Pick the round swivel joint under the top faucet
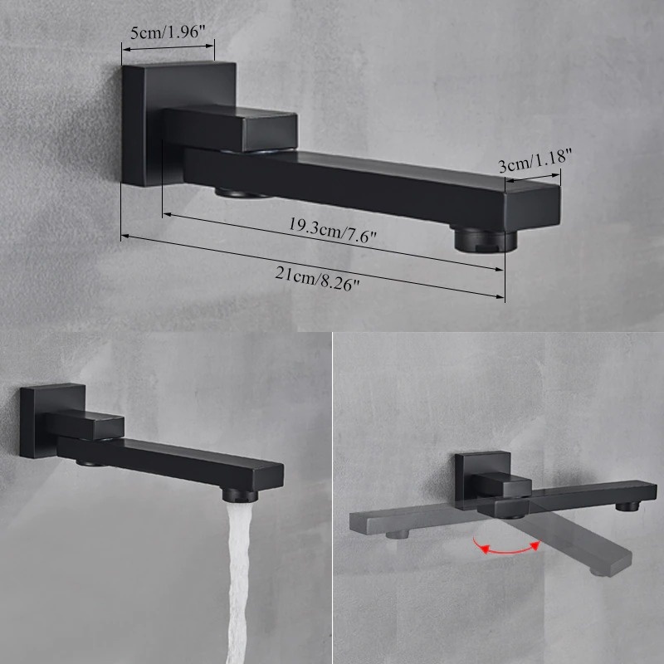(x=241, y=193)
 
